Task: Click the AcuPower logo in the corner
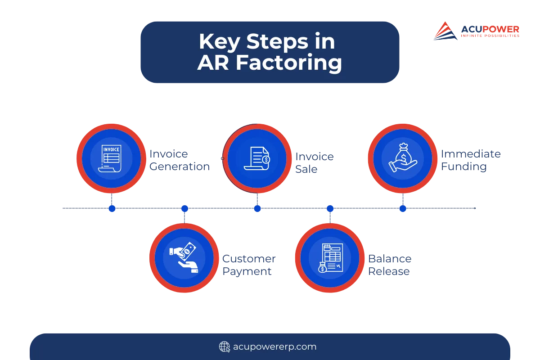(477, 31)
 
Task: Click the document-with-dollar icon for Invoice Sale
(257, 158)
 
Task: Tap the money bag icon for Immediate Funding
(402, 158)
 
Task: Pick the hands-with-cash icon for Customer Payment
(184, 258)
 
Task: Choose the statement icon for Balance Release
(330, 258)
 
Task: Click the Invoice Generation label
(180, 161)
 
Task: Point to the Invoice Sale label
(315, 163)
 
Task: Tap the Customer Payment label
(249, 265)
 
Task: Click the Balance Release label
(390, 265)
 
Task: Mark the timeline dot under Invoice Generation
(112, 208)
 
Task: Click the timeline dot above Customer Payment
(184, 208)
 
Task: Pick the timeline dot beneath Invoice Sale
(257, 208)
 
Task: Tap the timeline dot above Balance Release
(330, 208)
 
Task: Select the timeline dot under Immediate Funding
(403, 208)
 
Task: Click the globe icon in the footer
(224, 346)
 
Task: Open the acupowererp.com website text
(274, 346)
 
